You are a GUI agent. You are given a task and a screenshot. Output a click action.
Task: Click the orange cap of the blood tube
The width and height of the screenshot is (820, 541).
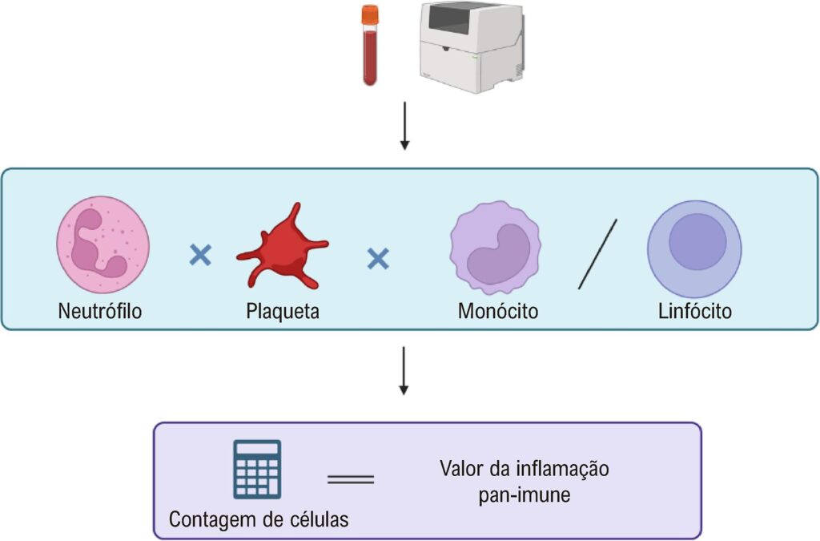pyautogui.click(x=369, y=15)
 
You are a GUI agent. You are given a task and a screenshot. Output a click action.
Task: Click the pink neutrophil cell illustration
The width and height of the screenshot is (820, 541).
pyautogui.click(x=102, y=248)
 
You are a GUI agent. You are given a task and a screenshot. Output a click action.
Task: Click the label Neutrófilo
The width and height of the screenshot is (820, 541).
pyautogui.click(x=100, y=311)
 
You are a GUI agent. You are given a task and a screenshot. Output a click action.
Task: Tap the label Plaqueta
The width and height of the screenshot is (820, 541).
pyautogui.click(x=283, y=311)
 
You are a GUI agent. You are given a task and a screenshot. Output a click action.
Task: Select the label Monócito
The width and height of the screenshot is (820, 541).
pyautogui.click(x=498, y=311)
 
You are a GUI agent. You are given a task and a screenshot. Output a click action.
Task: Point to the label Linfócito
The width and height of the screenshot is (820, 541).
pyautogui.click(x=693, y=311)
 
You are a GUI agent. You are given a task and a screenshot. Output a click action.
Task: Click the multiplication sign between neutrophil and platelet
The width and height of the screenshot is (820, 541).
pyautogui.click(x=199, y=256)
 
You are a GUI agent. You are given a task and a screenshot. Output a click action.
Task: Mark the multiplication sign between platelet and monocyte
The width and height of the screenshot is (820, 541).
pyautogui.click(x=378, y=258)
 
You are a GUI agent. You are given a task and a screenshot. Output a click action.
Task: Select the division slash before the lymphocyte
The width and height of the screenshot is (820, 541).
pyautogui.click(x=597, y=255)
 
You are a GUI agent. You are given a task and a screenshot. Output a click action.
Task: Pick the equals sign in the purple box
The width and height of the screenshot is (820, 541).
pyautogui.click(x=351, y=479)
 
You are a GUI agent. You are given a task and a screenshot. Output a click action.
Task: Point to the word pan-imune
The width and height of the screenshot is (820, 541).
pyautogui.click(x=524, y=495)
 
